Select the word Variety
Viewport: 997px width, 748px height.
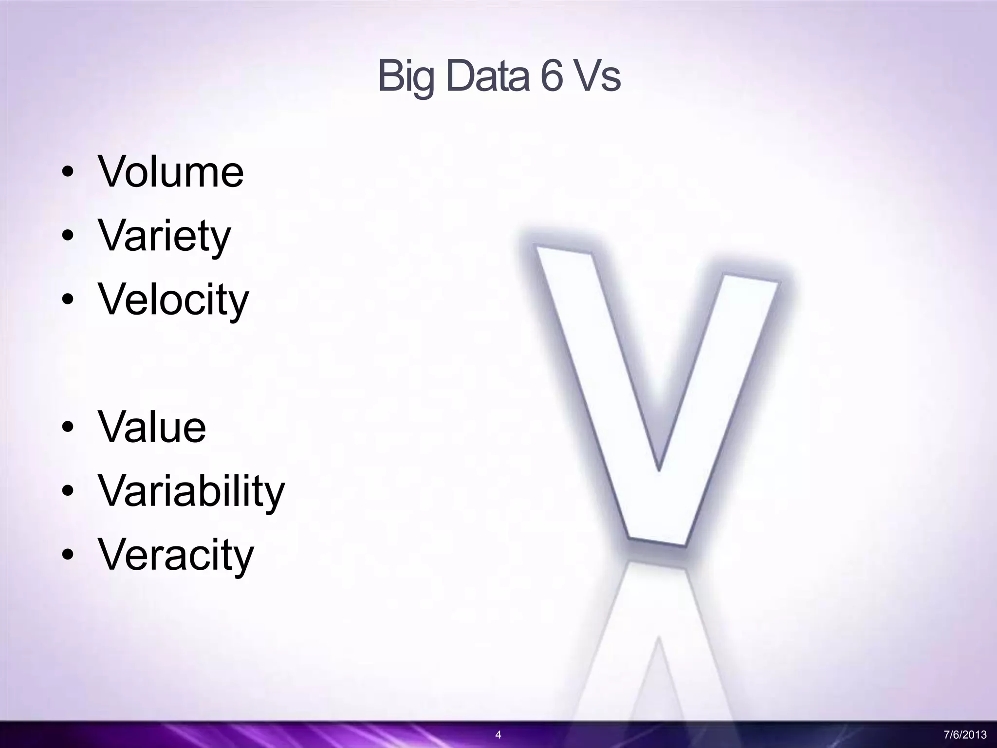pos(165,236)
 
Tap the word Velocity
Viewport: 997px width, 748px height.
pos(173,299)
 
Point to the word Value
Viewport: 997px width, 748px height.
pos(152,427)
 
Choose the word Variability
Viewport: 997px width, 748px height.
pos(191,491)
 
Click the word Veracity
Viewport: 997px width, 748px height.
pos(176,555)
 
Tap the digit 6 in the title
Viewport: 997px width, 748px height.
pos(551,76)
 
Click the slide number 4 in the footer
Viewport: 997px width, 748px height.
pos(498,734)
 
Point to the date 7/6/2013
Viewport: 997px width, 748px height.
pos(965,734)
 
